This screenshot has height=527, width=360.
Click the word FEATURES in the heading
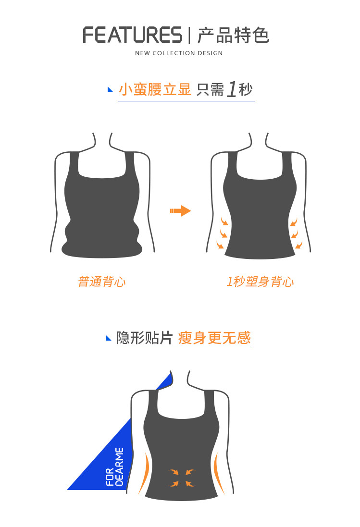[x=133, y=35]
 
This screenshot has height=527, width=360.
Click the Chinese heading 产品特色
[x=233, y=35]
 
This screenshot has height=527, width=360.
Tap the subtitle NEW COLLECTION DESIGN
[x=179, y=53]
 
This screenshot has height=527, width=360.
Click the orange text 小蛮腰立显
[x=155, y=89]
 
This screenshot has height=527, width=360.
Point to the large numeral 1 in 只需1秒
[x=232, y=89]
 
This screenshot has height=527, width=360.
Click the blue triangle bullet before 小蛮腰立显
[x=110, y=89]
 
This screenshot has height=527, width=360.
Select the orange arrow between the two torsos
[x=180, y=211]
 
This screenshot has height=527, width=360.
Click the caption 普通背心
[x=101, y=282]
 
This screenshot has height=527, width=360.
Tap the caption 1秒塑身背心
[x=260, y=282]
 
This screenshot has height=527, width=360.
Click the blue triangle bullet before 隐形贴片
[x=108, y=338]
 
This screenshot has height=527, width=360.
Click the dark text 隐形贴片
[x=144, y=338]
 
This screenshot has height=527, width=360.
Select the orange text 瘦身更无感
[x=214, y=338]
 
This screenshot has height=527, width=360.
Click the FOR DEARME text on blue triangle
[x=114, y=467]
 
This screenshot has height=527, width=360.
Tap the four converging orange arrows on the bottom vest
[x=182, y=478]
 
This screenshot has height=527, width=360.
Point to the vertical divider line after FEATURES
[x=189, y=35]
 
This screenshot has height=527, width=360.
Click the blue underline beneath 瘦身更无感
[x=184, y=349]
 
